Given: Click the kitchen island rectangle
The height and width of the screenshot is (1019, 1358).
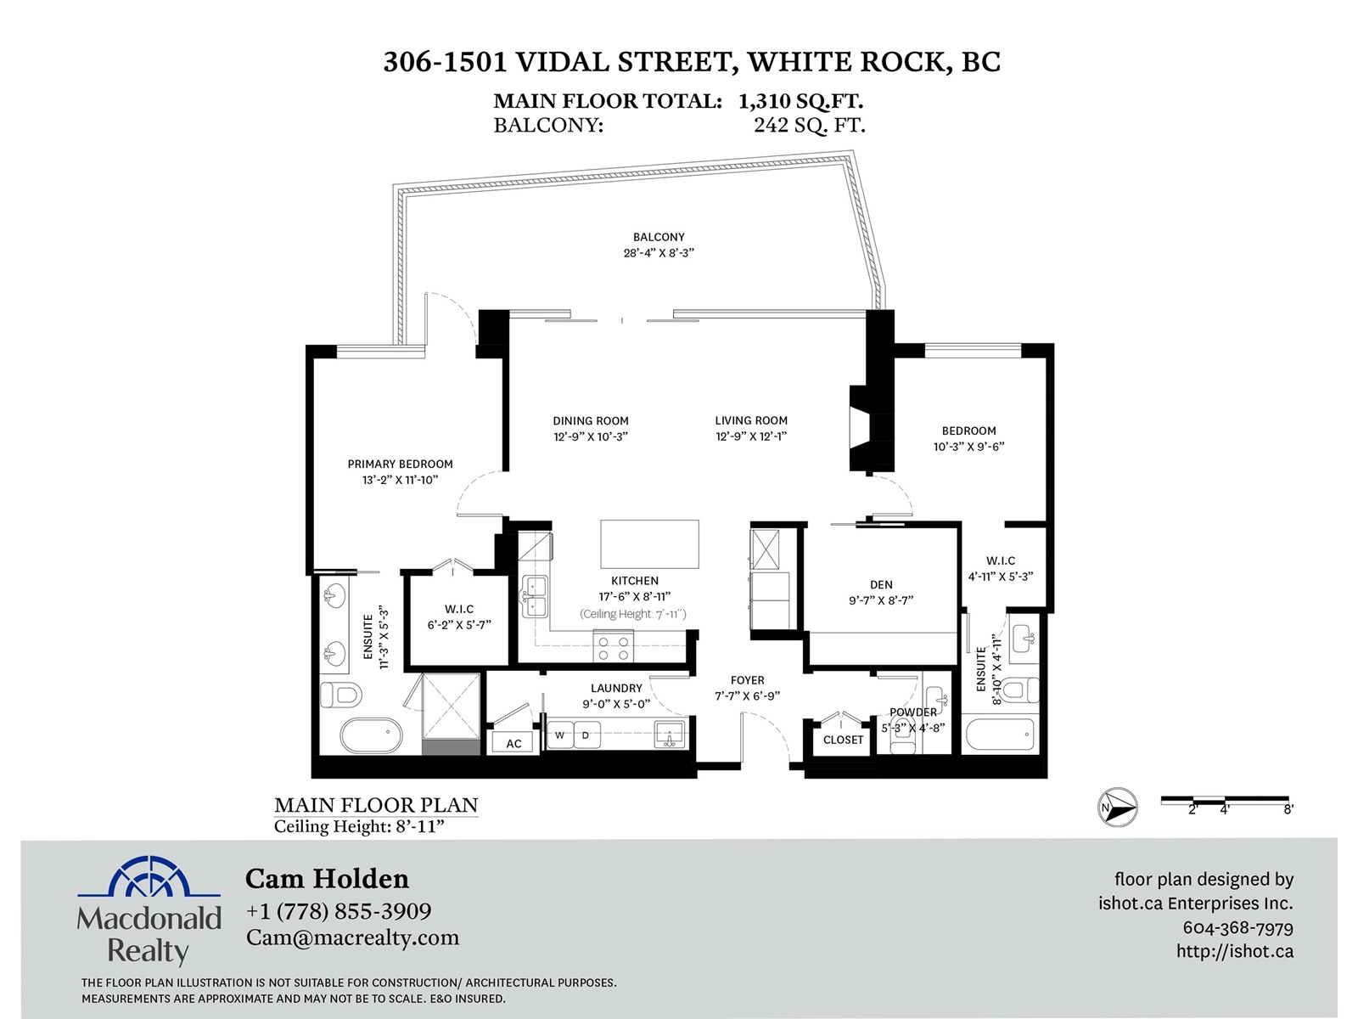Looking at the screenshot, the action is [649, 543].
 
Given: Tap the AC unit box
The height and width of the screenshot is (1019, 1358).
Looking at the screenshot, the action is [513, 743].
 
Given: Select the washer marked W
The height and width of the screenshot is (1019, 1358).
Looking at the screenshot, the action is [560, 735].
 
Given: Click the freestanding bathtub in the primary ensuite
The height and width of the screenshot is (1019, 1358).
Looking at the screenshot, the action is [371, 735].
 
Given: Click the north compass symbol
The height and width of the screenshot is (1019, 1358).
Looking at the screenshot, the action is [1117, 808].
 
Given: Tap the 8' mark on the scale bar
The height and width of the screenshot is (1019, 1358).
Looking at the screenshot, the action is [1288, 809].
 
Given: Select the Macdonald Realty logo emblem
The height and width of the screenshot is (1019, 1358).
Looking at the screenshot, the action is [149, 876].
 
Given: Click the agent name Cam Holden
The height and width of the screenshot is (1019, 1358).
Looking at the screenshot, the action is [328, 879].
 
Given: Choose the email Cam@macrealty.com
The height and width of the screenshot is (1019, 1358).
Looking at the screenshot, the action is [352, 938].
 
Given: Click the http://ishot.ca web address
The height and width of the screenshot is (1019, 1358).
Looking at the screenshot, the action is [1235, 951].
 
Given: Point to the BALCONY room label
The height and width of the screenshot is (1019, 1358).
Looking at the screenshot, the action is [659, 237].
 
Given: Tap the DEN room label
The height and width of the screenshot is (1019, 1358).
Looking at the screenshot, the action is [881, 585].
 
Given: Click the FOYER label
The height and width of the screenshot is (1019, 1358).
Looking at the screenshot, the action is [748, 680].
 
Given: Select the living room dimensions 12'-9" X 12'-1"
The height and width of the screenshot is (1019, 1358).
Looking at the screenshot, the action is [751, 436].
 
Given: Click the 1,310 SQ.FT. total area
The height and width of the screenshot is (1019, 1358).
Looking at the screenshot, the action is [801, 101].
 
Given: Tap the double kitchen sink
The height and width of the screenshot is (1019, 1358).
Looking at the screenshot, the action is [535, 596].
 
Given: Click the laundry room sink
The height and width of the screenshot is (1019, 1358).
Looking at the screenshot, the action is [670, 735].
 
